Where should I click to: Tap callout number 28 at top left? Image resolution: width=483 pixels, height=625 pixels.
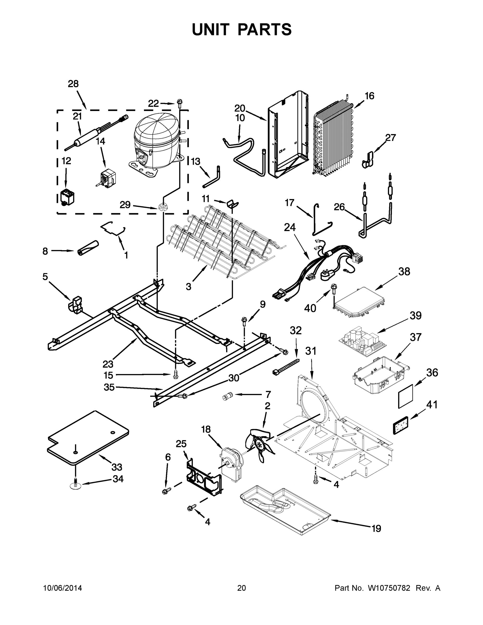click(x=73, y=84)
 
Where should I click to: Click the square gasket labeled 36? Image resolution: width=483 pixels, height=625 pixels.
click(x=406, y=396)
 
